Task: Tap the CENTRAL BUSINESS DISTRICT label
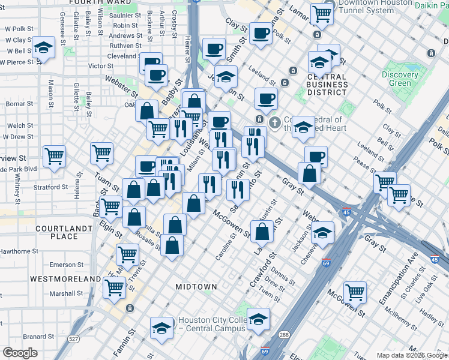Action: (x=327, y=85)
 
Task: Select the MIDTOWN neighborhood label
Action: (x=196, y=287)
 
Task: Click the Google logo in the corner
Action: (x=20, y=353)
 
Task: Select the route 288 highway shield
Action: (x=283, y=334)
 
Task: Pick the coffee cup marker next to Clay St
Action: (x=261, y=34)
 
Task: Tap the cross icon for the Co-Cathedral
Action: (x=275, y=123)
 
